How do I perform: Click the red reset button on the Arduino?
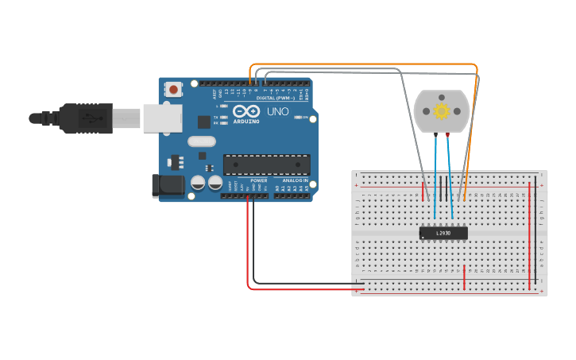173,90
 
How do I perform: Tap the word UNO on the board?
277,111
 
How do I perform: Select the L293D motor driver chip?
443,233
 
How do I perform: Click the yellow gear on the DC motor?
442,111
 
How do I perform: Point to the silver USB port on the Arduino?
162,119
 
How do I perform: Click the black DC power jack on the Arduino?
164,186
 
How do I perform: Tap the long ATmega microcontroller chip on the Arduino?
266,165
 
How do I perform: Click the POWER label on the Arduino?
259,180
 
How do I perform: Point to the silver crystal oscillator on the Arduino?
202,141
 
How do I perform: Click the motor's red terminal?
448,136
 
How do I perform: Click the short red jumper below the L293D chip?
465,277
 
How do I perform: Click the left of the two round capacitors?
198,183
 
